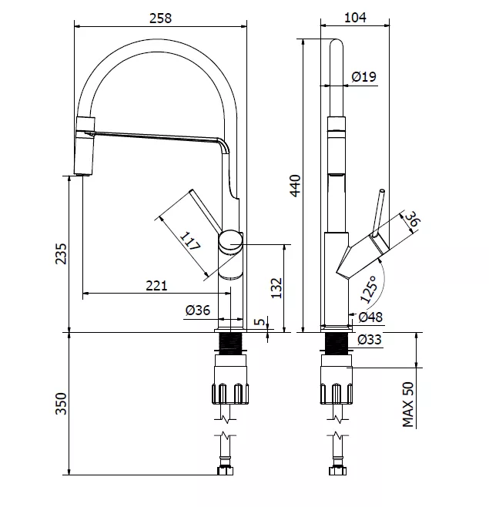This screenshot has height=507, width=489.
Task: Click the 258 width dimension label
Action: coord(160,18)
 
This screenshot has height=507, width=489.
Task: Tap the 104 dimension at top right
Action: coord(355,18)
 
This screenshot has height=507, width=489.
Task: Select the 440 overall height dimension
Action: coord(296,186)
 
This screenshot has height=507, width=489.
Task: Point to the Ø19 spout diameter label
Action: coord(364,76)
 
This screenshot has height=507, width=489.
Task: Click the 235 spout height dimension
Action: coord(62,253)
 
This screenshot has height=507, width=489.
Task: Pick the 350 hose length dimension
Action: coord(62,404)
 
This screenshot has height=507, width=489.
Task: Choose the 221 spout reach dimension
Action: coord(157,286)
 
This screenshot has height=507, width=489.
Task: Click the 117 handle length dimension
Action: coord(190,241)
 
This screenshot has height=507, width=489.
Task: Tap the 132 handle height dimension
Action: coord(276,287)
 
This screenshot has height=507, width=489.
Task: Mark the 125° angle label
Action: coord(369,289)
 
